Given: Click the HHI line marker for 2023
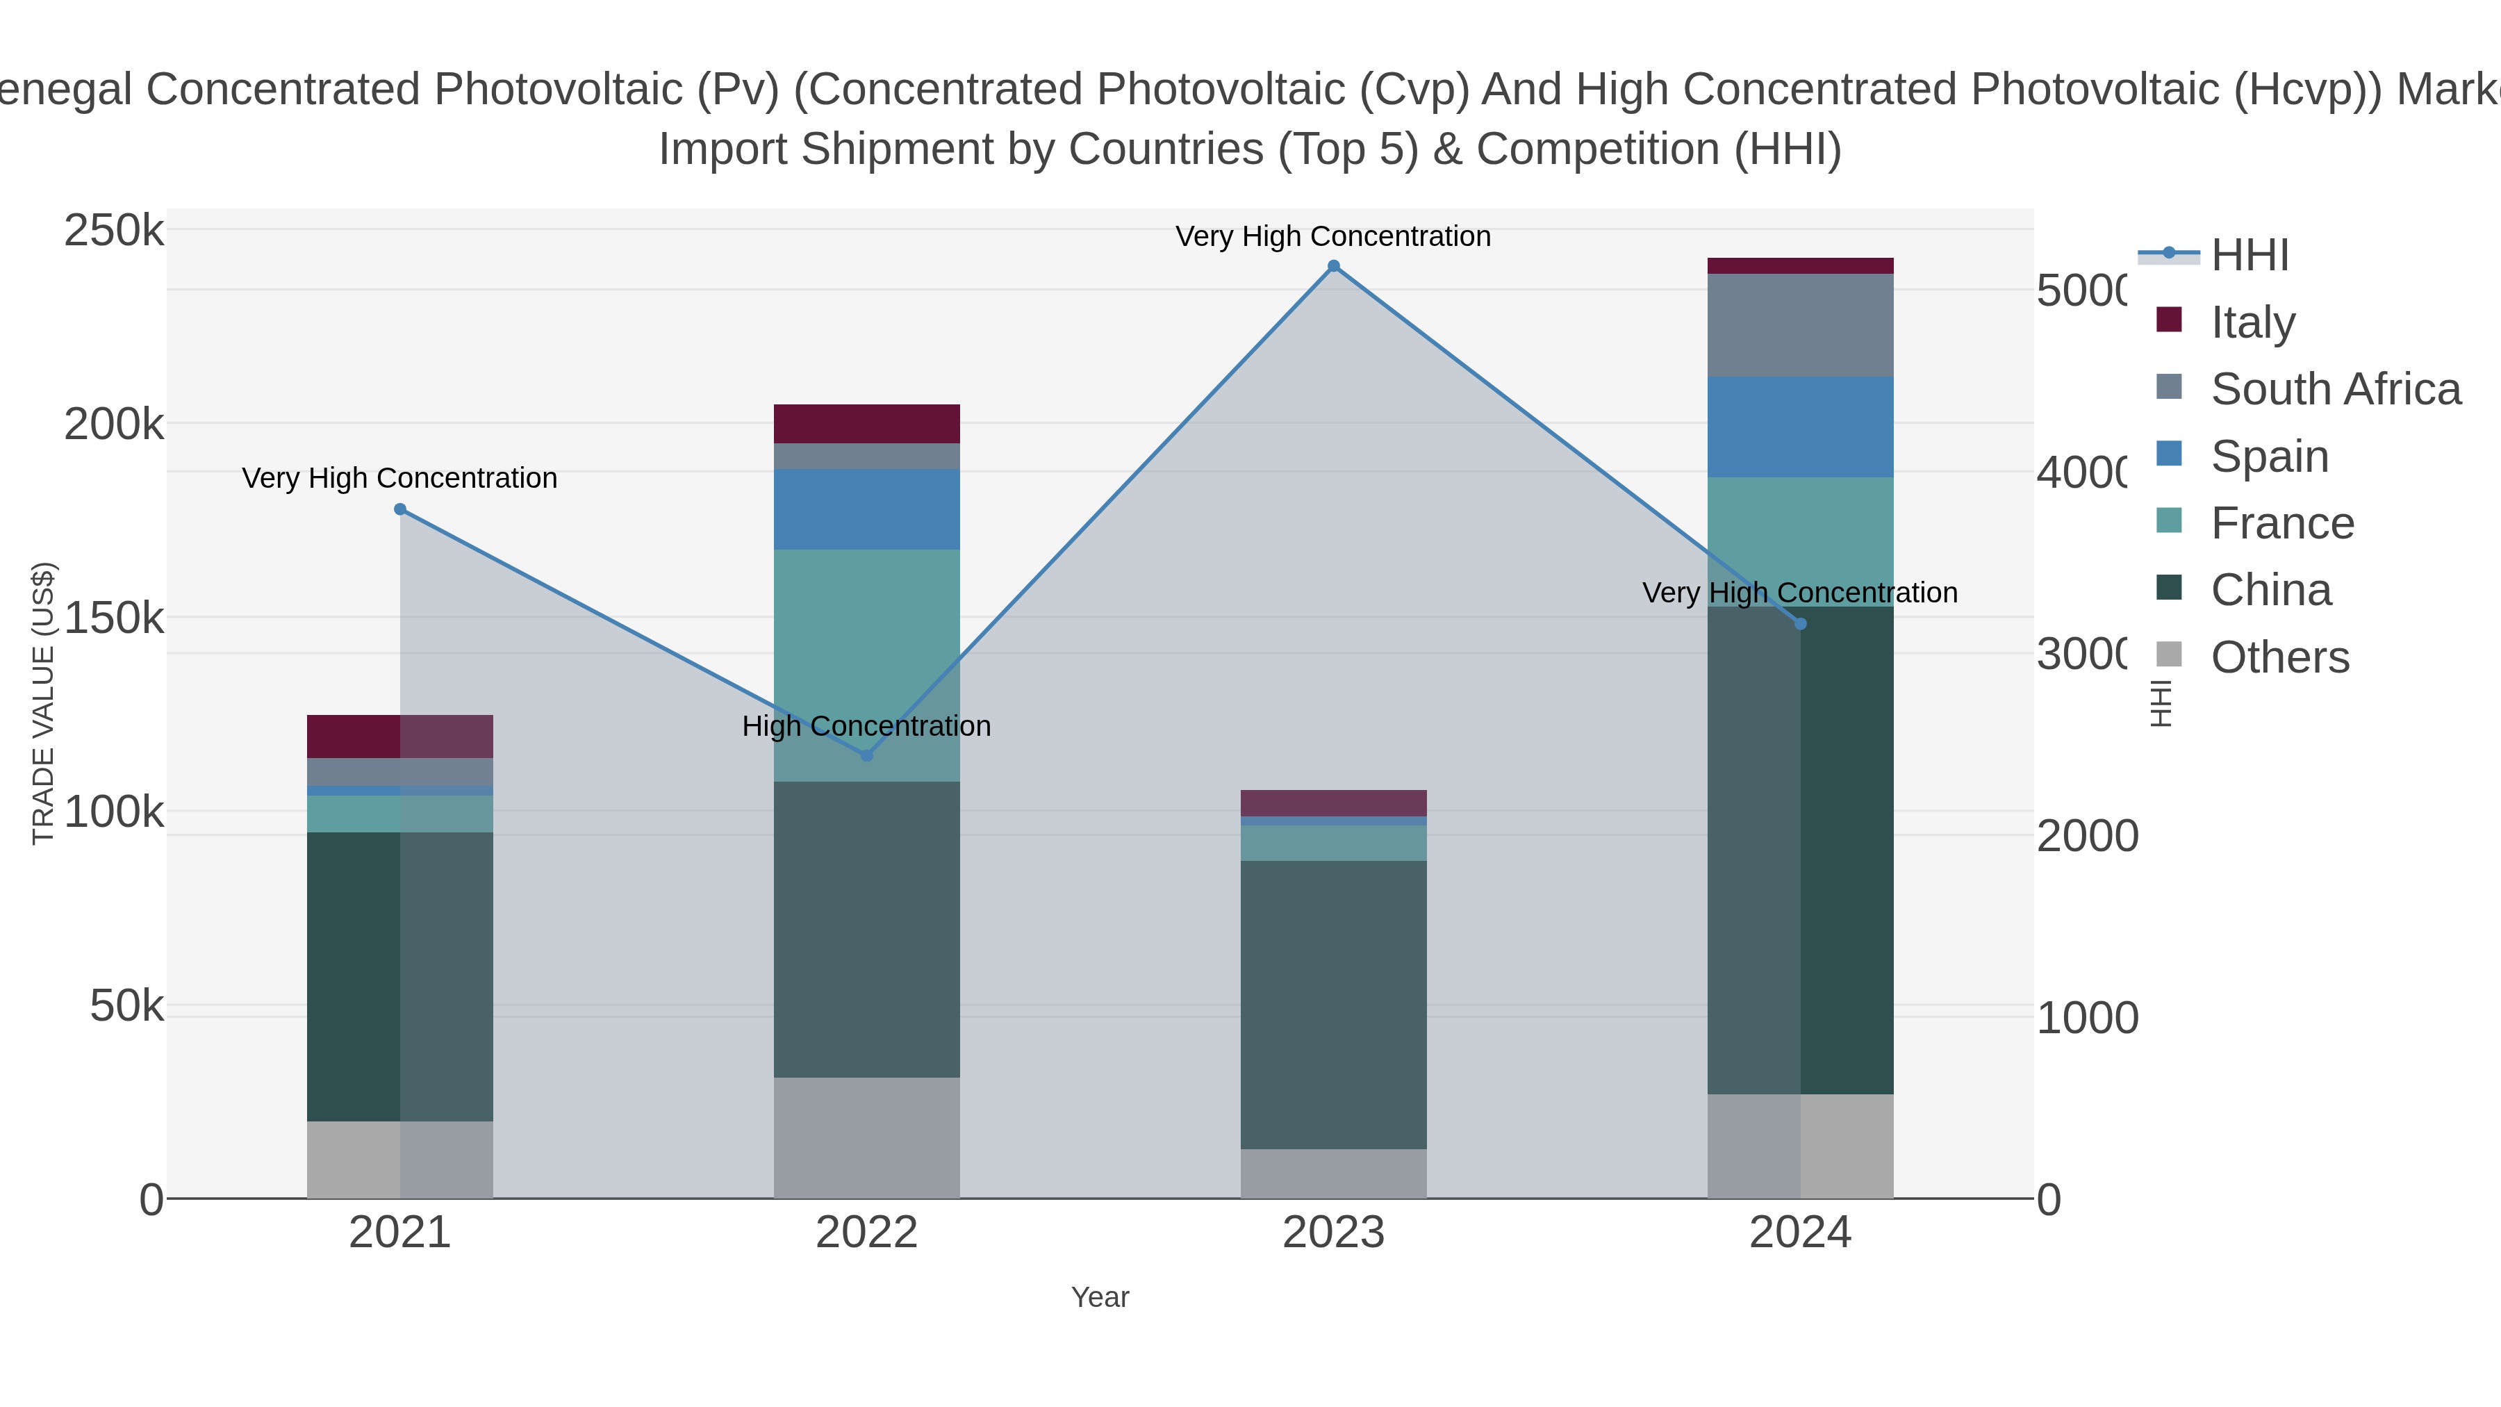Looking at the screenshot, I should coord(1333,266).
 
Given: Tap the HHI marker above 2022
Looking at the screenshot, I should coord(867,755).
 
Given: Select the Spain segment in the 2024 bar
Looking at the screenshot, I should coord(1800,427).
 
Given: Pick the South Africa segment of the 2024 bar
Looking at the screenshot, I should coord(1800,325).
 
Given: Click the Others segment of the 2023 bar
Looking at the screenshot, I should coord(1333,1174).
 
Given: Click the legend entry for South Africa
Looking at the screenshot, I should coord(2335,389).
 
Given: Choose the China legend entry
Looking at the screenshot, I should coord(2270,591).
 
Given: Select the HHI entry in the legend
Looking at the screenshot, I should coord(2250,256).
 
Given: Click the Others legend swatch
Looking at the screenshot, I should coord(2169,655).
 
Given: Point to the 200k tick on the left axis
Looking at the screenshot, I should coord(114,425).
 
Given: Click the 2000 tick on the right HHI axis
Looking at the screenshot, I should coord(2086,836).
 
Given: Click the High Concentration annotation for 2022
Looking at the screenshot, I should coord(866,726).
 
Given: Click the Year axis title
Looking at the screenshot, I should coord(1100,1297).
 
